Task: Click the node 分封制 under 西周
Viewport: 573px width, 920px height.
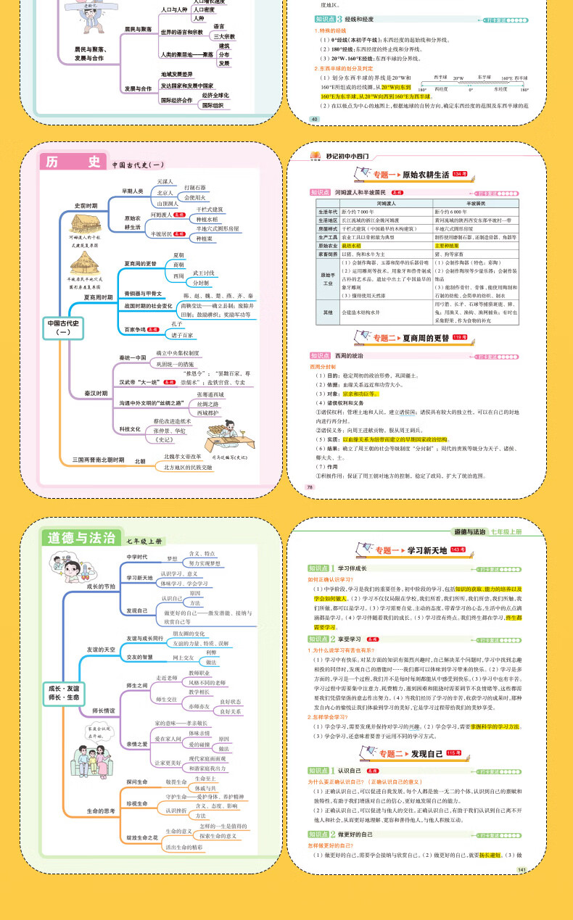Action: [200, 283]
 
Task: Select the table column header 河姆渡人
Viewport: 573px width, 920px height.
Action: [388, 204]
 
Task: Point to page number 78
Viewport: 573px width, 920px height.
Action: [310, 487]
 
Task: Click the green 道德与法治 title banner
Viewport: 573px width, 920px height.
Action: [81, 537]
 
